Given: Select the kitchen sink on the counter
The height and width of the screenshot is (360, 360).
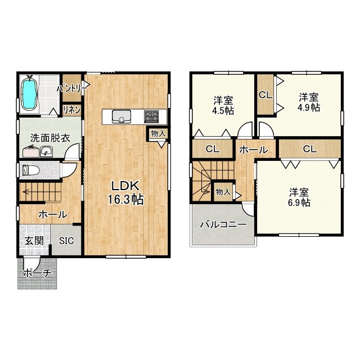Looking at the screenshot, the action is (x=121, y=116).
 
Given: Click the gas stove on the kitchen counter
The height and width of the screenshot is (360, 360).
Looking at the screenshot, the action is (x=151, y=116).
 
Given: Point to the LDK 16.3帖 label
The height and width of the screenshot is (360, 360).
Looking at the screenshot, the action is (x=125, y=193).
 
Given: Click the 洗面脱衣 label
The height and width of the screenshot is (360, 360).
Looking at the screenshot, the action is (x=50, y=138).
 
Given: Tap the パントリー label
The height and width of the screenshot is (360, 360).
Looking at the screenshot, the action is (x=69, y=88).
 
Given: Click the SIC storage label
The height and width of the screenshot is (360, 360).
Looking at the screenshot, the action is (x=66, y=241).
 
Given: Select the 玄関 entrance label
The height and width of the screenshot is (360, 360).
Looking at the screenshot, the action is (x=34, y=241).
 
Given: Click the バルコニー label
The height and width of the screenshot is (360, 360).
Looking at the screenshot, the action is (x=223, y=224).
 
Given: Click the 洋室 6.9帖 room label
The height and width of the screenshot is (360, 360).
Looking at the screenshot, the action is (x=299, y=197).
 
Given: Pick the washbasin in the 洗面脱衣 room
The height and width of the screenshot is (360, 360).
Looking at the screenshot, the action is (x=47, y=151).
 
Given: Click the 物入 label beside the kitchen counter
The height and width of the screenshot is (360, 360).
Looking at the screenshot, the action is (x=158, y=134).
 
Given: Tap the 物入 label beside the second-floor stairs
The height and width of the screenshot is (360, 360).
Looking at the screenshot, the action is (x=223, y=192).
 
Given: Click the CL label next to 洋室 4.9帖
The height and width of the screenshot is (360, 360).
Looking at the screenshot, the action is (x=265, y=95).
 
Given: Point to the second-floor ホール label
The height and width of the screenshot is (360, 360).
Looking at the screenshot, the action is (x=254, y=150).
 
